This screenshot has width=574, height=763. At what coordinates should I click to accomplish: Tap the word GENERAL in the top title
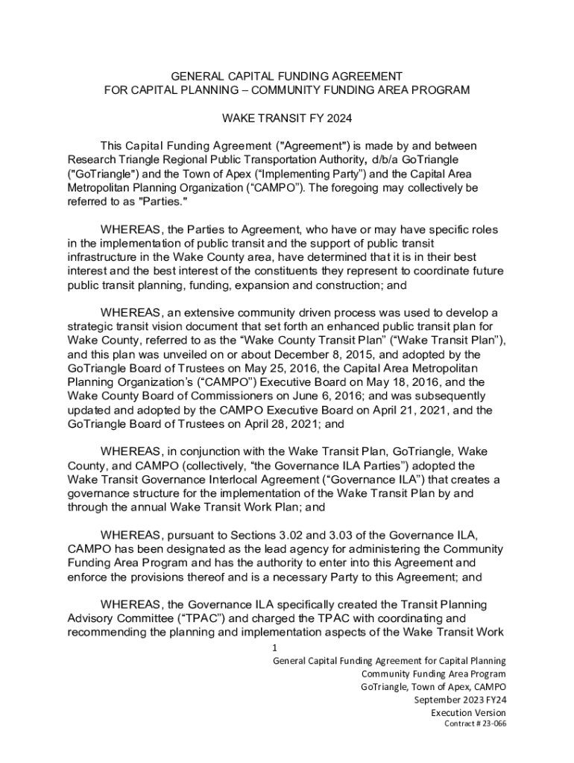(199, 77)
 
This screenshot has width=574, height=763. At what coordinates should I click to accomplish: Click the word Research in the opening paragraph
(92, 159)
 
